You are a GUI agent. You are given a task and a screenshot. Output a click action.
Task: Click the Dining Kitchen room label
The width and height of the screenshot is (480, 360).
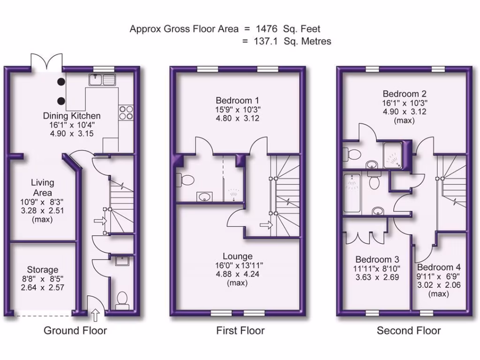tap(72, 116)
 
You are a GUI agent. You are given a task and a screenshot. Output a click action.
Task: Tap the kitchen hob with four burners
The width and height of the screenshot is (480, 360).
tap(126, 112)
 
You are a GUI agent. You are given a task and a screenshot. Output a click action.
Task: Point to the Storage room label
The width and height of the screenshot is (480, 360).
tap(43, 270)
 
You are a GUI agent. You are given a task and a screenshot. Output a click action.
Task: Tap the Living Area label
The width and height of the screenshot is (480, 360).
tap(43, 187)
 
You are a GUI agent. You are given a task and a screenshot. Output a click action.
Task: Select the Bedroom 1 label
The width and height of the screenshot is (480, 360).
tap(237, 100)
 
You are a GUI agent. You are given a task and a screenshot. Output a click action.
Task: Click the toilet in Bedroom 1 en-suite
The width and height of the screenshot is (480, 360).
tap(184, 180)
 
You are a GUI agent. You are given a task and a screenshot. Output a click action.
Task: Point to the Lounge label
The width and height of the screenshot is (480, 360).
tap(238, 256)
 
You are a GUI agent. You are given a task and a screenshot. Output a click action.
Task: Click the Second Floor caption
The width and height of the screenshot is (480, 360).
tap(409, 330)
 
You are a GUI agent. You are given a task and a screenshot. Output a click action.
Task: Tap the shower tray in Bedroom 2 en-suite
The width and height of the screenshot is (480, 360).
tap(394, 155)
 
